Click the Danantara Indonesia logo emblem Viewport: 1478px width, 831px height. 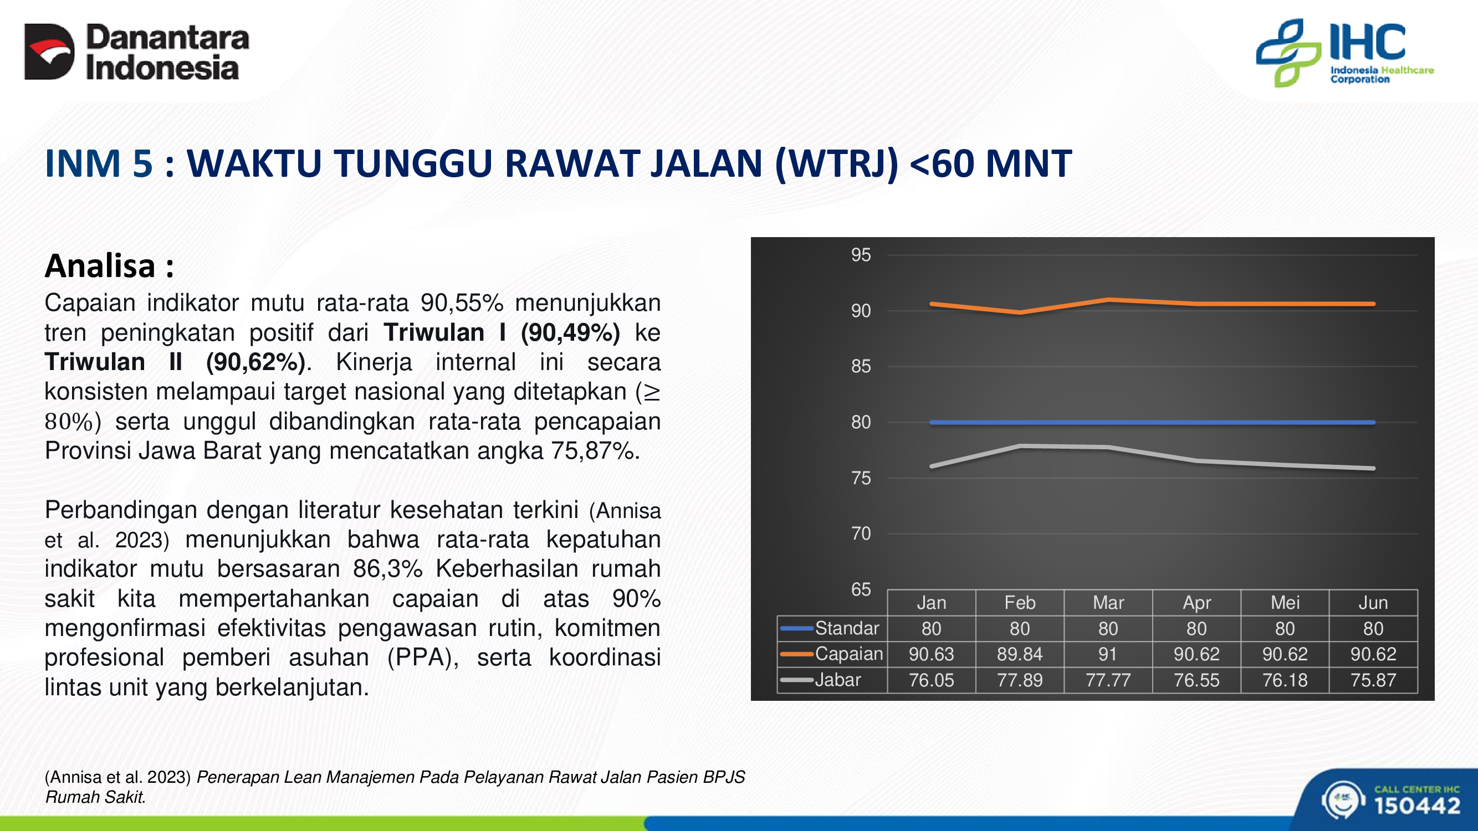click(49, 52)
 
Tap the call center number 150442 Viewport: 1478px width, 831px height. click(1417, 806)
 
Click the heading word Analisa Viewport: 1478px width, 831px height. click(100, 265)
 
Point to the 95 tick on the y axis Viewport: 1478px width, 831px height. click(861, 255)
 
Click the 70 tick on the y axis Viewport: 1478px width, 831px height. click(861, 534)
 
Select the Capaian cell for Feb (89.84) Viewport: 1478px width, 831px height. click(1020, 654)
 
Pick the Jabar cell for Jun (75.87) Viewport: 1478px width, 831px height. click(1373, 680)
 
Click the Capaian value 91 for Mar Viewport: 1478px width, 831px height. click(1108, 654)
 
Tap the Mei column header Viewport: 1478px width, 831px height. click(1285, 602)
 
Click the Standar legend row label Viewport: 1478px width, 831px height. click(847, 628)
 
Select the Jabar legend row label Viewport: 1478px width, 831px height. click(838, 680)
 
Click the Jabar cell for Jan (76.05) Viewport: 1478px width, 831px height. click(931, 680)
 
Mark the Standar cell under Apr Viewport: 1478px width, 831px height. click(1196, 629)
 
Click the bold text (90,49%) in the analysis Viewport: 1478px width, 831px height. click(570, 332)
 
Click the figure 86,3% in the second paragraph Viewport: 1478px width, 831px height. click(388, 569)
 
